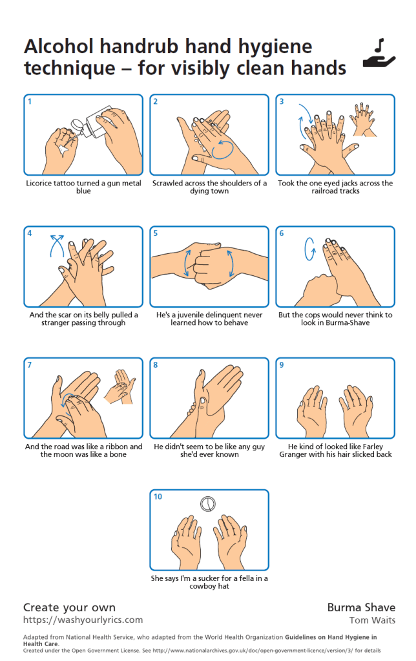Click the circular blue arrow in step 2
click(222, 150)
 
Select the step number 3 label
click(282, 101)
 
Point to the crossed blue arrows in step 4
click(57, 246)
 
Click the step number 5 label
click(156, 233)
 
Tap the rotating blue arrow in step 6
click(310, 249)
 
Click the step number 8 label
click(156, 364)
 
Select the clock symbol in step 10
click(208, 503)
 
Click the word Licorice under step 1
click(39, 184)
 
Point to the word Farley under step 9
click(373, 446)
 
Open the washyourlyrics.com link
click(83, 620)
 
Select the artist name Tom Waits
click(373, 620)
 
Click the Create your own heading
click(69, 607)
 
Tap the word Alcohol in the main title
click(59, 47)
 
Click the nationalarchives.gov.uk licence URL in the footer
click(253, 651)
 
